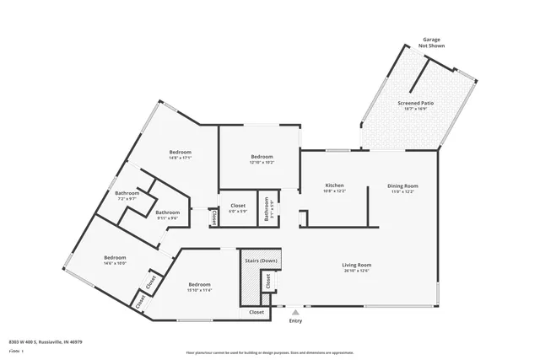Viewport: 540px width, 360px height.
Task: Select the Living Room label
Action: (357, 266)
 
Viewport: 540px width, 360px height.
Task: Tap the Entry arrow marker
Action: (295, 312)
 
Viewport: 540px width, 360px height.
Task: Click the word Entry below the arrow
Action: (295, 320)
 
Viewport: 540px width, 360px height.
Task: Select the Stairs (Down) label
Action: (261, 261)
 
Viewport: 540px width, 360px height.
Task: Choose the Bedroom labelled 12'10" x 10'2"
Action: (262, 159)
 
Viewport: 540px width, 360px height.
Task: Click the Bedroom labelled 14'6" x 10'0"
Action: (115, 260)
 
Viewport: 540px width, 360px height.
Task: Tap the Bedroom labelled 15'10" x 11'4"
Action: (199, 287)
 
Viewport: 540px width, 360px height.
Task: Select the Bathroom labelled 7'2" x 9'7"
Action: (127, 196)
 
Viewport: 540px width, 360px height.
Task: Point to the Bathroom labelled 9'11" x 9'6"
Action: (167, 215)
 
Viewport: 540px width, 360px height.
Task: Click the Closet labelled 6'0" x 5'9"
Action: (238, 207)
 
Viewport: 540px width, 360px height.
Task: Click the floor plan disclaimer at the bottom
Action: (270, 352)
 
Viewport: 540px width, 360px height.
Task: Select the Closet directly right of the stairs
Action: (268, 283)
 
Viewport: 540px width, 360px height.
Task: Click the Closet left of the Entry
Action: (256, 312)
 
